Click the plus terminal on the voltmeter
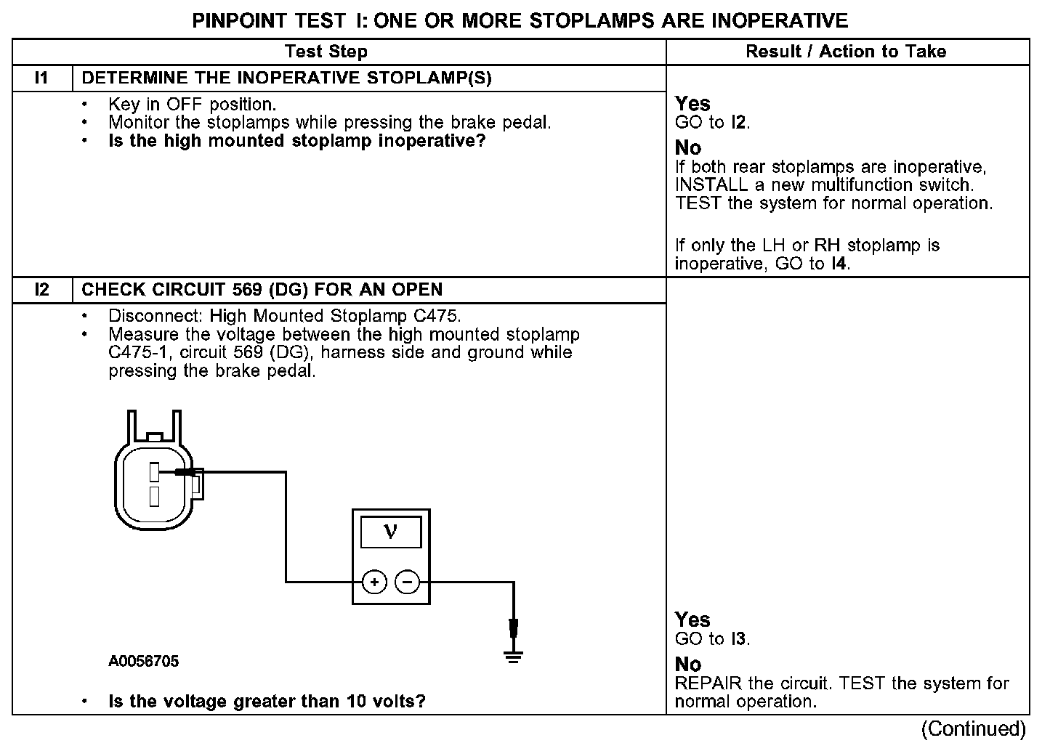tap(374, 582)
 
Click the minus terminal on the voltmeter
tap(407, 582)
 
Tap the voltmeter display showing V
tap(391, 532)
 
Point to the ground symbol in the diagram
tap(513, 657)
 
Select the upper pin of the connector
tap(154, 471)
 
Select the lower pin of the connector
tap(154, 496)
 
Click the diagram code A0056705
tap(144, 661)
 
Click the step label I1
tap(42, 78)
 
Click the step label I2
tap(42, 290)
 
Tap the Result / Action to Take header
tap(846, 52)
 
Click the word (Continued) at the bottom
tap(974, 728)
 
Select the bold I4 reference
tap(839, 264)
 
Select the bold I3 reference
tap(739, 639)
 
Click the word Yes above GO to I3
tap(692, 620)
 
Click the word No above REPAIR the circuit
tap(687, 664)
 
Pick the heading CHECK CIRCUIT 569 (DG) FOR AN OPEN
tap(262, 290)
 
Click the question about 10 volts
tap(267, 701)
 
